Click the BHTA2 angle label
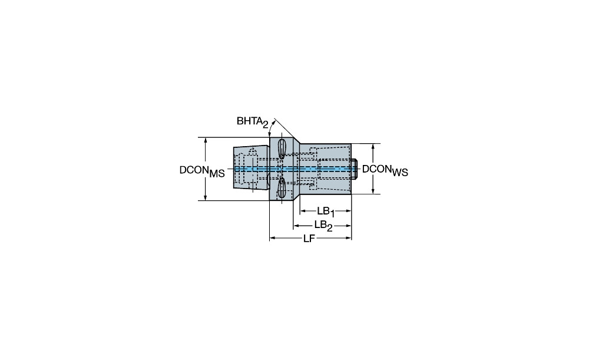click(253, 122)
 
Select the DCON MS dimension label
click(202, 171)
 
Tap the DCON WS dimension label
click(385, 170)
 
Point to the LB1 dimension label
click(325, 212)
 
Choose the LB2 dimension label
click(323, 226)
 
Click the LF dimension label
click(309, 239)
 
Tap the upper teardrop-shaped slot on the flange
click(282, 148)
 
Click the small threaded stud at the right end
click(354, 169)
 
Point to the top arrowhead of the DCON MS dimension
click(206, 141)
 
